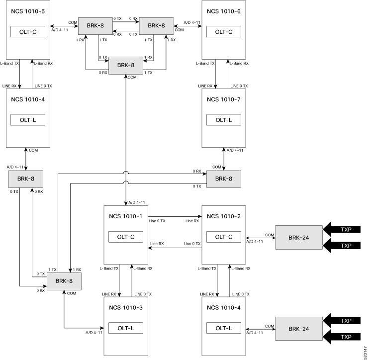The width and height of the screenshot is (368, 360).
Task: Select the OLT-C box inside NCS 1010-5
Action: [28, 32]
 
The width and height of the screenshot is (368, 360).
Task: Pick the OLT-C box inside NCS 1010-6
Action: [224, 32]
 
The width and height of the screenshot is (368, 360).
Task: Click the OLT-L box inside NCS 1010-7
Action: [224, 120]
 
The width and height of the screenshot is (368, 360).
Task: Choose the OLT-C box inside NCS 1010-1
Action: [126, 237]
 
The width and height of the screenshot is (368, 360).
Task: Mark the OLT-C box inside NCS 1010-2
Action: [224, 237]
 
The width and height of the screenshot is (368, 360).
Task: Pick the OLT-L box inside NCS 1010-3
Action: [126, 328]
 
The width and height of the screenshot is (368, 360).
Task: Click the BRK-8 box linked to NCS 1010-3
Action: [64, 281]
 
